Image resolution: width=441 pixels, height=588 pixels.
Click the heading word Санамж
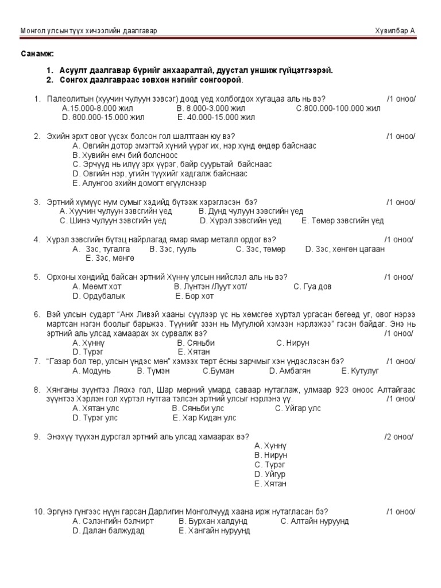(x=38, y=53)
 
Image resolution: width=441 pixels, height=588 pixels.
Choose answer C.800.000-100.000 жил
(x=338, y=108)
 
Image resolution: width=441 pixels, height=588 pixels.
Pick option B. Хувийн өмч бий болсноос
(x=125, y=155)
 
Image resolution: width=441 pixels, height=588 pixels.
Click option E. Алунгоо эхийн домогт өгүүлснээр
(x=139, y=183)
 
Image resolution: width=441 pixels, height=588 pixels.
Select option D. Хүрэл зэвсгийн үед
(x=241, y=220)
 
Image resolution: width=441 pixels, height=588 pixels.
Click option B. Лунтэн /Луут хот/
(x=210, y=287)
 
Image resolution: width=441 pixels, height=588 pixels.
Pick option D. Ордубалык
(x=99, y=296)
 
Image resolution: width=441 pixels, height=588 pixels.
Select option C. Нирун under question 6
(x=292, y=343)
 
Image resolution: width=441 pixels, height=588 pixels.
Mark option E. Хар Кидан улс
(x=204, y=418)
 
